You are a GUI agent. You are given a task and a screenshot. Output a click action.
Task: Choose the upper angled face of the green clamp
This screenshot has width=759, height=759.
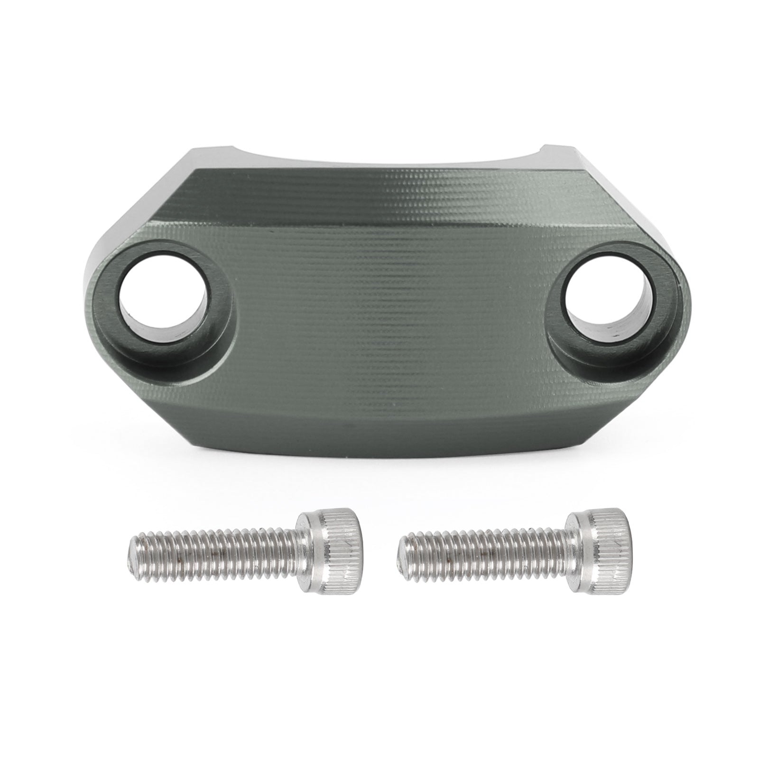[379, 209]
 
